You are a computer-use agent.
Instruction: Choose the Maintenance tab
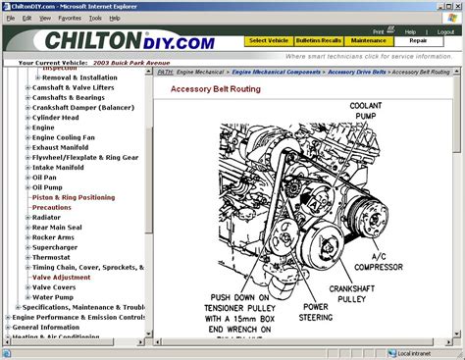pyautogui.click(x=370, y=40)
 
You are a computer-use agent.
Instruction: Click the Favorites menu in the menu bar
pyautogui.click(x=70, y=18)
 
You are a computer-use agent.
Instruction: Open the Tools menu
pyautogui.click(x=95, y=18)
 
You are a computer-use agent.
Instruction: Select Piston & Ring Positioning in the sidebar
pyautogui.click(x=73, y=197)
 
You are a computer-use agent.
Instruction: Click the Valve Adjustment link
pyautogui.click(x=62, y=277)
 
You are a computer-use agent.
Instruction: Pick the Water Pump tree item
pyautogui.click(x=53, y=296)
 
